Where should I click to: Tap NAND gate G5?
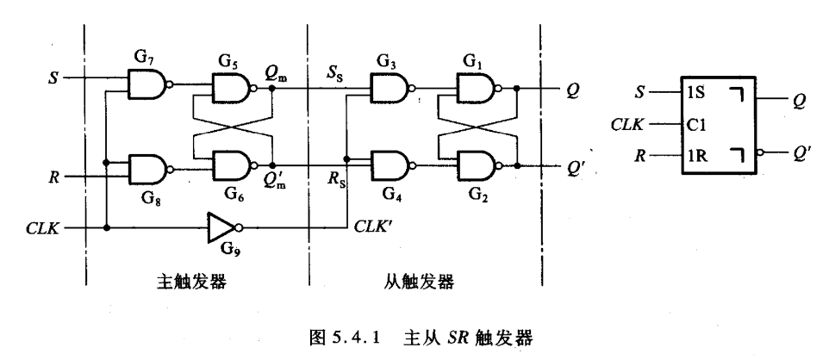[x=229, y=84]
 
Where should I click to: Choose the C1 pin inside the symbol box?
[x=697, y=123]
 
